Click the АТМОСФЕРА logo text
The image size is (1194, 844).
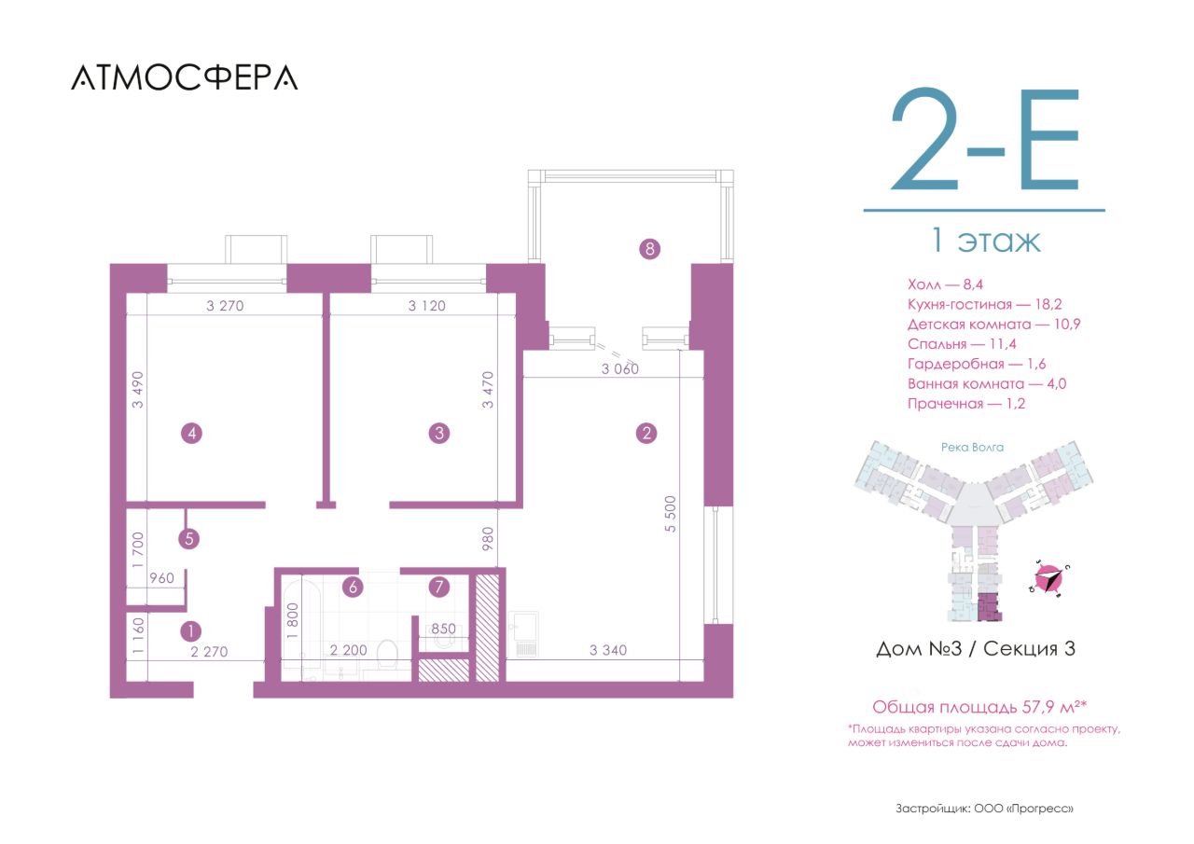point(185,77)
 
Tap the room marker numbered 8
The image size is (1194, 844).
point(649,249)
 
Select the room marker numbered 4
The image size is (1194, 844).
point(192,433)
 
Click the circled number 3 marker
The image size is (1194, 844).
point(439,433)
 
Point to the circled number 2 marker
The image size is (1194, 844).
point(646,433)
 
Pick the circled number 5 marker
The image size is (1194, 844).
point(189,539)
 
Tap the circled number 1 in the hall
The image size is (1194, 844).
point(191,632)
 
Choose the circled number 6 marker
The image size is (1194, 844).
point(353,588)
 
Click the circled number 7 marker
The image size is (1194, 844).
point(439,588)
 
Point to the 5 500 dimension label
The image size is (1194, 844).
point(671,514)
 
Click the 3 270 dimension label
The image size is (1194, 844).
point(225,306)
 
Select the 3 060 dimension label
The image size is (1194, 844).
point(620,368)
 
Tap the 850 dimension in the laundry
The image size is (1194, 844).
point(443,629)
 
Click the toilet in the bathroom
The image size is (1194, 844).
point(387,655)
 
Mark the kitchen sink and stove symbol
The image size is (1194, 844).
point(523,634)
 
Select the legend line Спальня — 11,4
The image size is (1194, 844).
point(962,344)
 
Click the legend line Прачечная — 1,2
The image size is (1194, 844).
point(966,404)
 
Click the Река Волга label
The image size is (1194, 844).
point(972,448)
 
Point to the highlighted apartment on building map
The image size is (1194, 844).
point(990,607)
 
